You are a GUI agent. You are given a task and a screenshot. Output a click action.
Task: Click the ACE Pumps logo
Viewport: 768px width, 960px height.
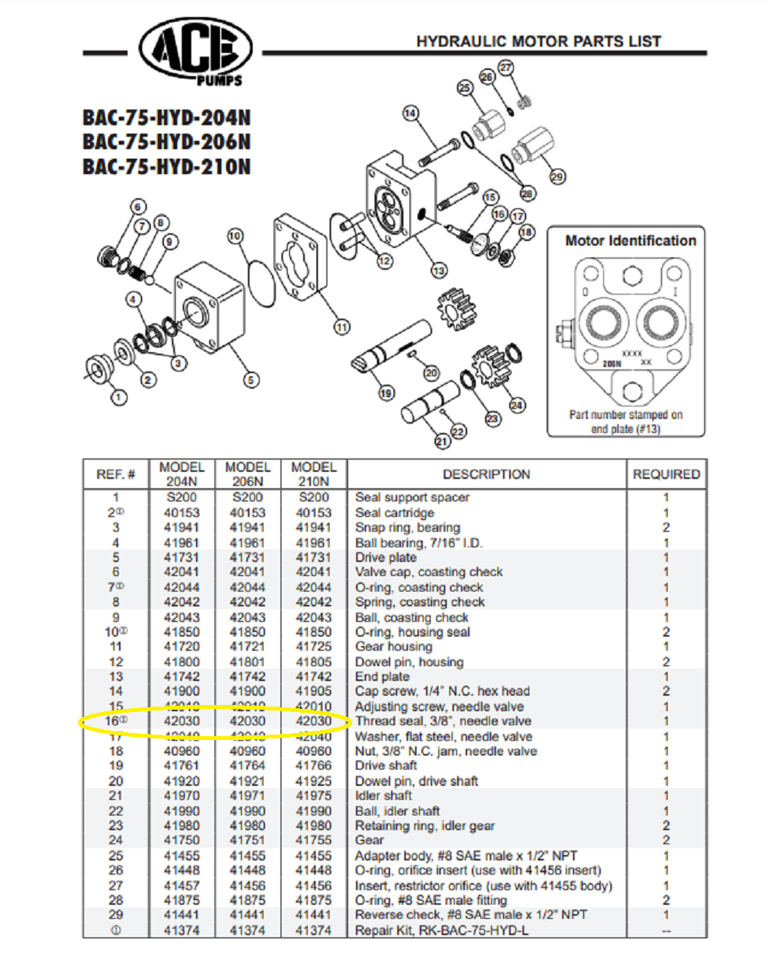(196, 51)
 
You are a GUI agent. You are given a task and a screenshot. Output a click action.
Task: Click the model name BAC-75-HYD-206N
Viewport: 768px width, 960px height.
(166, 142)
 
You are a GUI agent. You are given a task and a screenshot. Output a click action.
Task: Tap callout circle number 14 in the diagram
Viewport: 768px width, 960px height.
(410, 113)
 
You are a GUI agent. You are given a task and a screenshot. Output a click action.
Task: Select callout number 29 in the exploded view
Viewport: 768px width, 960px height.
(557, 176)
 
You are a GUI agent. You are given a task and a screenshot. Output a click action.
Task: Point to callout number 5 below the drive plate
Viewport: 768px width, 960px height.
(250, 380)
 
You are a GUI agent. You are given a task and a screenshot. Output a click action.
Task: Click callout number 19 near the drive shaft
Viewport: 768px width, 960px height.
(386, 393)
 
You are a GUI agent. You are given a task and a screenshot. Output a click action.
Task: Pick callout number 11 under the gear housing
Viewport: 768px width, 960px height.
(342, 327)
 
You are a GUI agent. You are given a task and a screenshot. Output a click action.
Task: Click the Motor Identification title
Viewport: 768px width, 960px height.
(630, 241)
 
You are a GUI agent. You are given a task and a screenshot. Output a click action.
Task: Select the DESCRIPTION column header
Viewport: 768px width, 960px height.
(486, 474)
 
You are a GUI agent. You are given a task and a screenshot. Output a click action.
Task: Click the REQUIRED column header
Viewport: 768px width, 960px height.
(666, 474)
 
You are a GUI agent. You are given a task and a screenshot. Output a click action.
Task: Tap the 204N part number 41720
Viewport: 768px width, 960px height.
(181, 647)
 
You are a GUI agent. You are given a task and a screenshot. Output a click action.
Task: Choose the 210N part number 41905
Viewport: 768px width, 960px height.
(313, 691)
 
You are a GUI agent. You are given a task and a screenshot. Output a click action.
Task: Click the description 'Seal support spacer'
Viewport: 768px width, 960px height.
(412, 497)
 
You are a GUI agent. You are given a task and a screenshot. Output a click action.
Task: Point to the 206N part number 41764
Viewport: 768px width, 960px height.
(247, 766)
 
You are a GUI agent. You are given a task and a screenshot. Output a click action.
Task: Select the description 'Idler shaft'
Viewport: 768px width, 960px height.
(383, 796)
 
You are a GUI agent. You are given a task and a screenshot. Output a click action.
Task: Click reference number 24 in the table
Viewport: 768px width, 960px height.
(116, 840)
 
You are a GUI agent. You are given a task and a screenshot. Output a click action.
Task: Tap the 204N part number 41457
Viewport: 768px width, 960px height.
(181, 885)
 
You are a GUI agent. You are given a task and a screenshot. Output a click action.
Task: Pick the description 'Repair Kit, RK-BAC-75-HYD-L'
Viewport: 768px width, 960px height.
(442, 930)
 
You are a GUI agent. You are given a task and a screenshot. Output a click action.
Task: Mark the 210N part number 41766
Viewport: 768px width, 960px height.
(313, 766)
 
